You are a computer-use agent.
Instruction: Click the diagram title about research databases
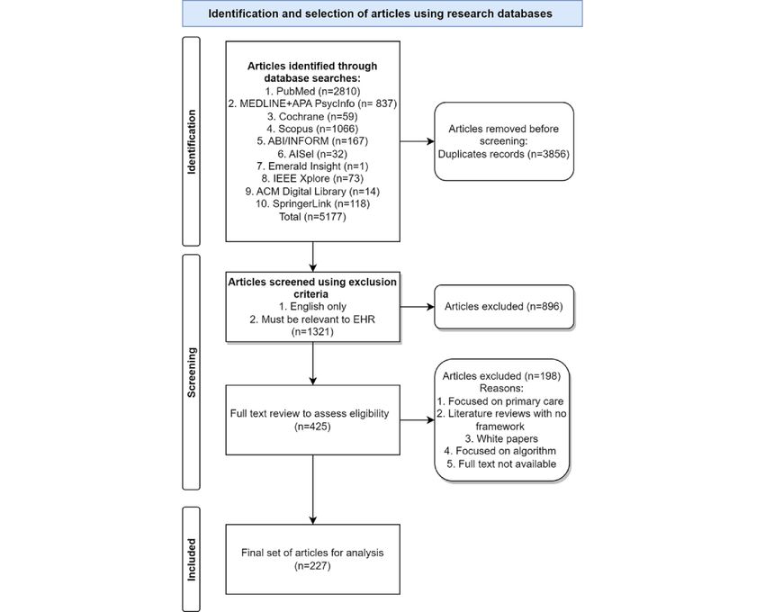point(380,13)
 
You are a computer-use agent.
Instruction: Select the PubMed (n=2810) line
point(312,91)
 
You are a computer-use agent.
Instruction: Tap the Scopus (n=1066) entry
point(312,129)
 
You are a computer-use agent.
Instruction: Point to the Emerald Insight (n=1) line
point(312,166)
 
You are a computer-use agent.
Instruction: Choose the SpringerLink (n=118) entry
point(312,203)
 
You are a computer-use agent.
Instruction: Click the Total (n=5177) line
point(312,216)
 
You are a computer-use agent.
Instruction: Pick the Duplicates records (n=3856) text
point(503,154)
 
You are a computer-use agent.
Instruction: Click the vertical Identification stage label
point(191,141)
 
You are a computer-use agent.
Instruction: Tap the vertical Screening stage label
point(191,372)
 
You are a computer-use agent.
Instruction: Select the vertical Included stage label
point(191,559)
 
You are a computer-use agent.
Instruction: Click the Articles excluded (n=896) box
point(504,307)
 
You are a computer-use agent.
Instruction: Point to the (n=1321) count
point(312,332)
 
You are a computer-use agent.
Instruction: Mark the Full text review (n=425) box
point(312,420)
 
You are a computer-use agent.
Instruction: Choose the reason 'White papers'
point(501,438)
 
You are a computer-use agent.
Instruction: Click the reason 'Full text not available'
point(501,464)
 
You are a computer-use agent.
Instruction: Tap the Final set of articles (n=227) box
point(312,559)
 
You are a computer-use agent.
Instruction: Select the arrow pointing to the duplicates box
point(417,141)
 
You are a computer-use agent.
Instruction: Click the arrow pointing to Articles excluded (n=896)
point(417,307)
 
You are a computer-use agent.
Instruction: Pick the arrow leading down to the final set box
point(312,490)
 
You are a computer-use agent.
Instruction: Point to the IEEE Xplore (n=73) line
point(312,178)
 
